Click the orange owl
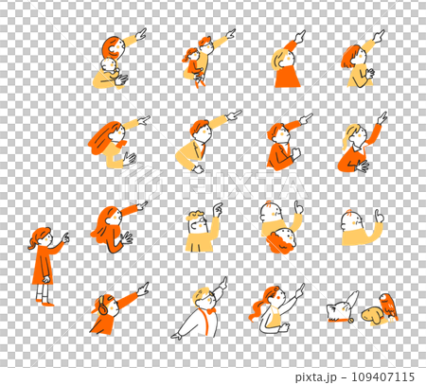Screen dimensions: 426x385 [388, 306]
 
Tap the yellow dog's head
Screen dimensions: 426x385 [371, 316]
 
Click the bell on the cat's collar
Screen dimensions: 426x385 [349, 321]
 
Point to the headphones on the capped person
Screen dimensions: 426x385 [102, 306]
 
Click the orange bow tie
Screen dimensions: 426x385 [210, 310]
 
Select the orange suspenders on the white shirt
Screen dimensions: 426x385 [204, 322]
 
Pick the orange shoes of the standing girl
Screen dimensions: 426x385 [45, 303]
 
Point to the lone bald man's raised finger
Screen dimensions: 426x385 [378, 216]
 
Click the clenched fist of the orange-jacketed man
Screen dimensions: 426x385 [295, 153]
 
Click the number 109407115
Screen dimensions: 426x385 [382, 376]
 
